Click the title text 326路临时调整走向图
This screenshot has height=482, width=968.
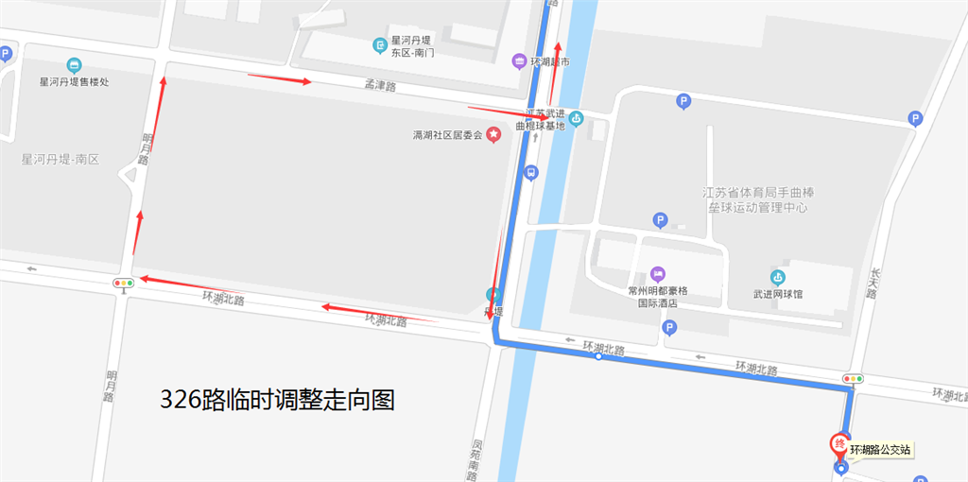(x=276, y=400)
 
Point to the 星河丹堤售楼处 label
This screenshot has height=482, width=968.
(x=74, y=82)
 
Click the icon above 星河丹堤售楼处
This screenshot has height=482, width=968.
(x=74, y=65)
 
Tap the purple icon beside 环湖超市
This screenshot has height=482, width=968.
(x=519, y=61)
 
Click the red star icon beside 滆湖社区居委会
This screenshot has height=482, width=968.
(x=493, y=135)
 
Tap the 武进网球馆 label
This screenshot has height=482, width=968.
(x=777, y=294)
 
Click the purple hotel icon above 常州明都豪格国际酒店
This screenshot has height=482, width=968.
(x=658, y=274)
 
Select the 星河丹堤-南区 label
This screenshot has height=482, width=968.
(x=60, y=160)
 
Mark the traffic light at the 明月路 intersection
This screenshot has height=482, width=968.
(x=124, y=282)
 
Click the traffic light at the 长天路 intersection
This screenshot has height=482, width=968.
(x=854, y=379)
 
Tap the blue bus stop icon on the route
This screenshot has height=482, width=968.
(x=531, y=173)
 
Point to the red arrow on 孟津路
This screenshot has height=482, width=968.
(x=280, y=78)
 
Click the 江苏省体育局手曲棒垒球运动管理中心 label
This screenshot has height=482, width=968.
(x=758, y=199)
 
